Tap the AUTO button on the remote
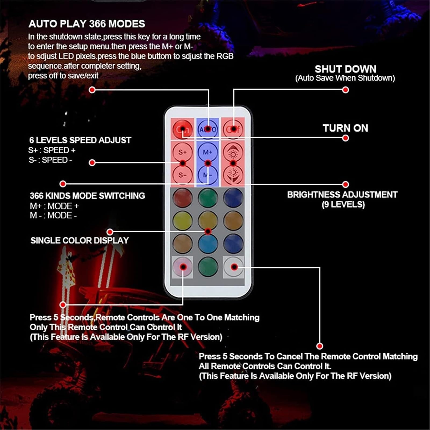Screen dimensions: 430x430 coord(208,129)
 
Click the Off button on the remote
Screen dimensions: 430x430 coord(233,129)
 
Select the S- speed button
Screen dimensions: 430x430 coord(182,175)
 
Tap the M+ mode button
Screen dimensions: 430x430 coord(208,152)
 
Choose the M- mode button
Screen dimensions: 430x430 coord(208,175)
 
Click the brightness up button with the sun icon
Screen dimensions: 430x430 coord(233,152)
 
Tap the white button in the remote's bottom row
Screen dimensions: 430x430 coord(233,267)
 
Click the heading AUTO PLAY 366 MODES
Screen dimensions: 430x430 coord(87,24)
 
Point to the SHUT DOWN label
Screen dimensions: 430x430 coord(345,69)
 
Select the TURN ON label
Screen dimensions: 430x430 coord(345,128)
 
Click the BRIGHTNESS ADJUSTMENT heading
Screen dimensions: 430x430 coord(342,195)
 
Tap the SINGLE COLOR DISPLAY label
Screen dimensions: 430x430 coord(80,240)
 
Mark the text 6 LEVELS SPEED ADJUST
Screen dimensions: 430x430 coord(80,140)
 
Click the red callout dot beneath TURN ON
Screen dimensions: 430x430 coord(346,138)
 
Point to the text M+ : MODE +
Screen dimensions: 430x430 coord(54,206)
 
